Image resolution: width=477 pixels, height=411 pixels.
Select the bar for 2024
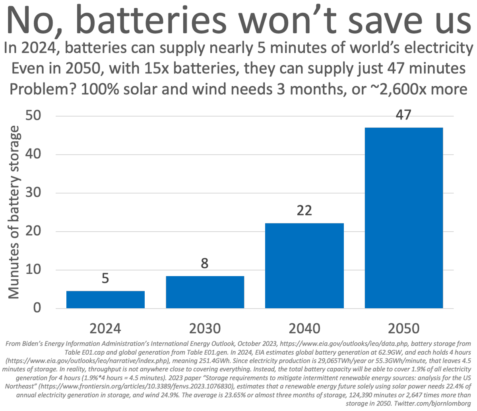click(105, 300)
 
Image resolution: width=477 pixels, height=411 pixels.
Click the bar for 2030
click(205, 292)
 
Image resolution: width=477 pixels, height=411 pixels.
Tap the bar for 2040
click(304, 266)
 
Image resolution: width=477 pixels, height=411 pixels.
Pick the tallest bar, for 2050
click(403, 218)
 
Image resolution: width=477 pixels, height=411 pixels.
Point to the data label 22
click(304, 210)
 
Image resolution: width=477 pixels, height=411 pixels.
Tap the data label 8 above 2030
click(205, 263)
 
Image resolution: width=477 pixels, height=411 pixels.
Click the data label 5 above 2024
click(105, 278)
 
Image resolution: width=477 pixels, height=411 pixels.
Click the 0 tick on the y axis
click(37, 308)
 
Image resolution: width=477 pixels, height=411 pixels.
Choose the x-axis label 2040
click(304, 328)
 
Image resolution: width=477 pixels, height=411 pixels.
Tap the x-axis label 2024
click(105, 328)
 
